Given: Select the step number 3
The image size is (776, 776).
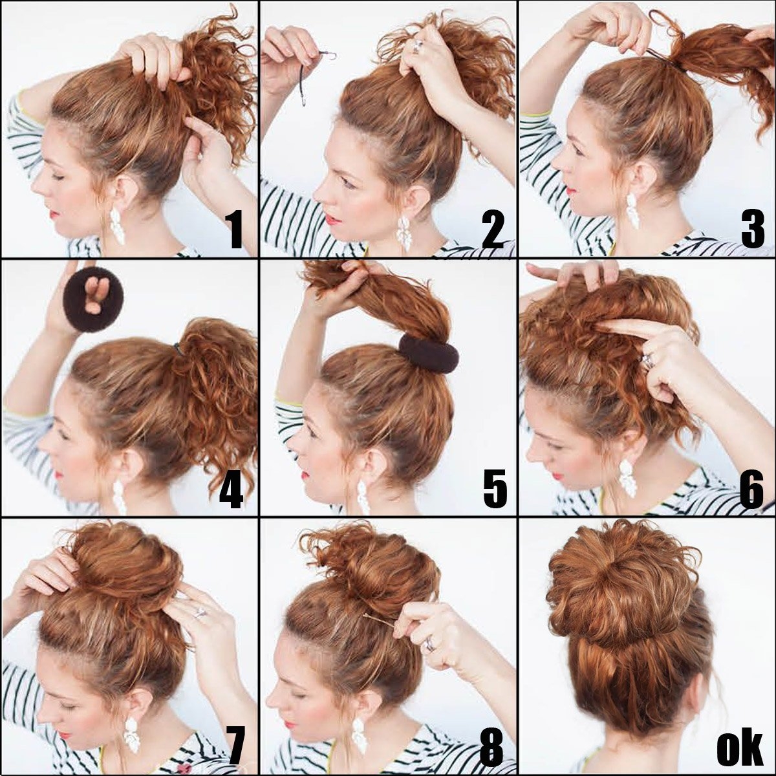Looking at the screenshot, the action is coord(752,230).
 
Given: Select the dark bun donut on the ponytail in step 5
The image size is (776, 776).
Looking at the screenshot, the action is coord(429,354).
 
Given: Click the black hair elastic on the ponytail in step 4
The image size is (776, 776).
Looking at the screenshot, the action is coord(178,349).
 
